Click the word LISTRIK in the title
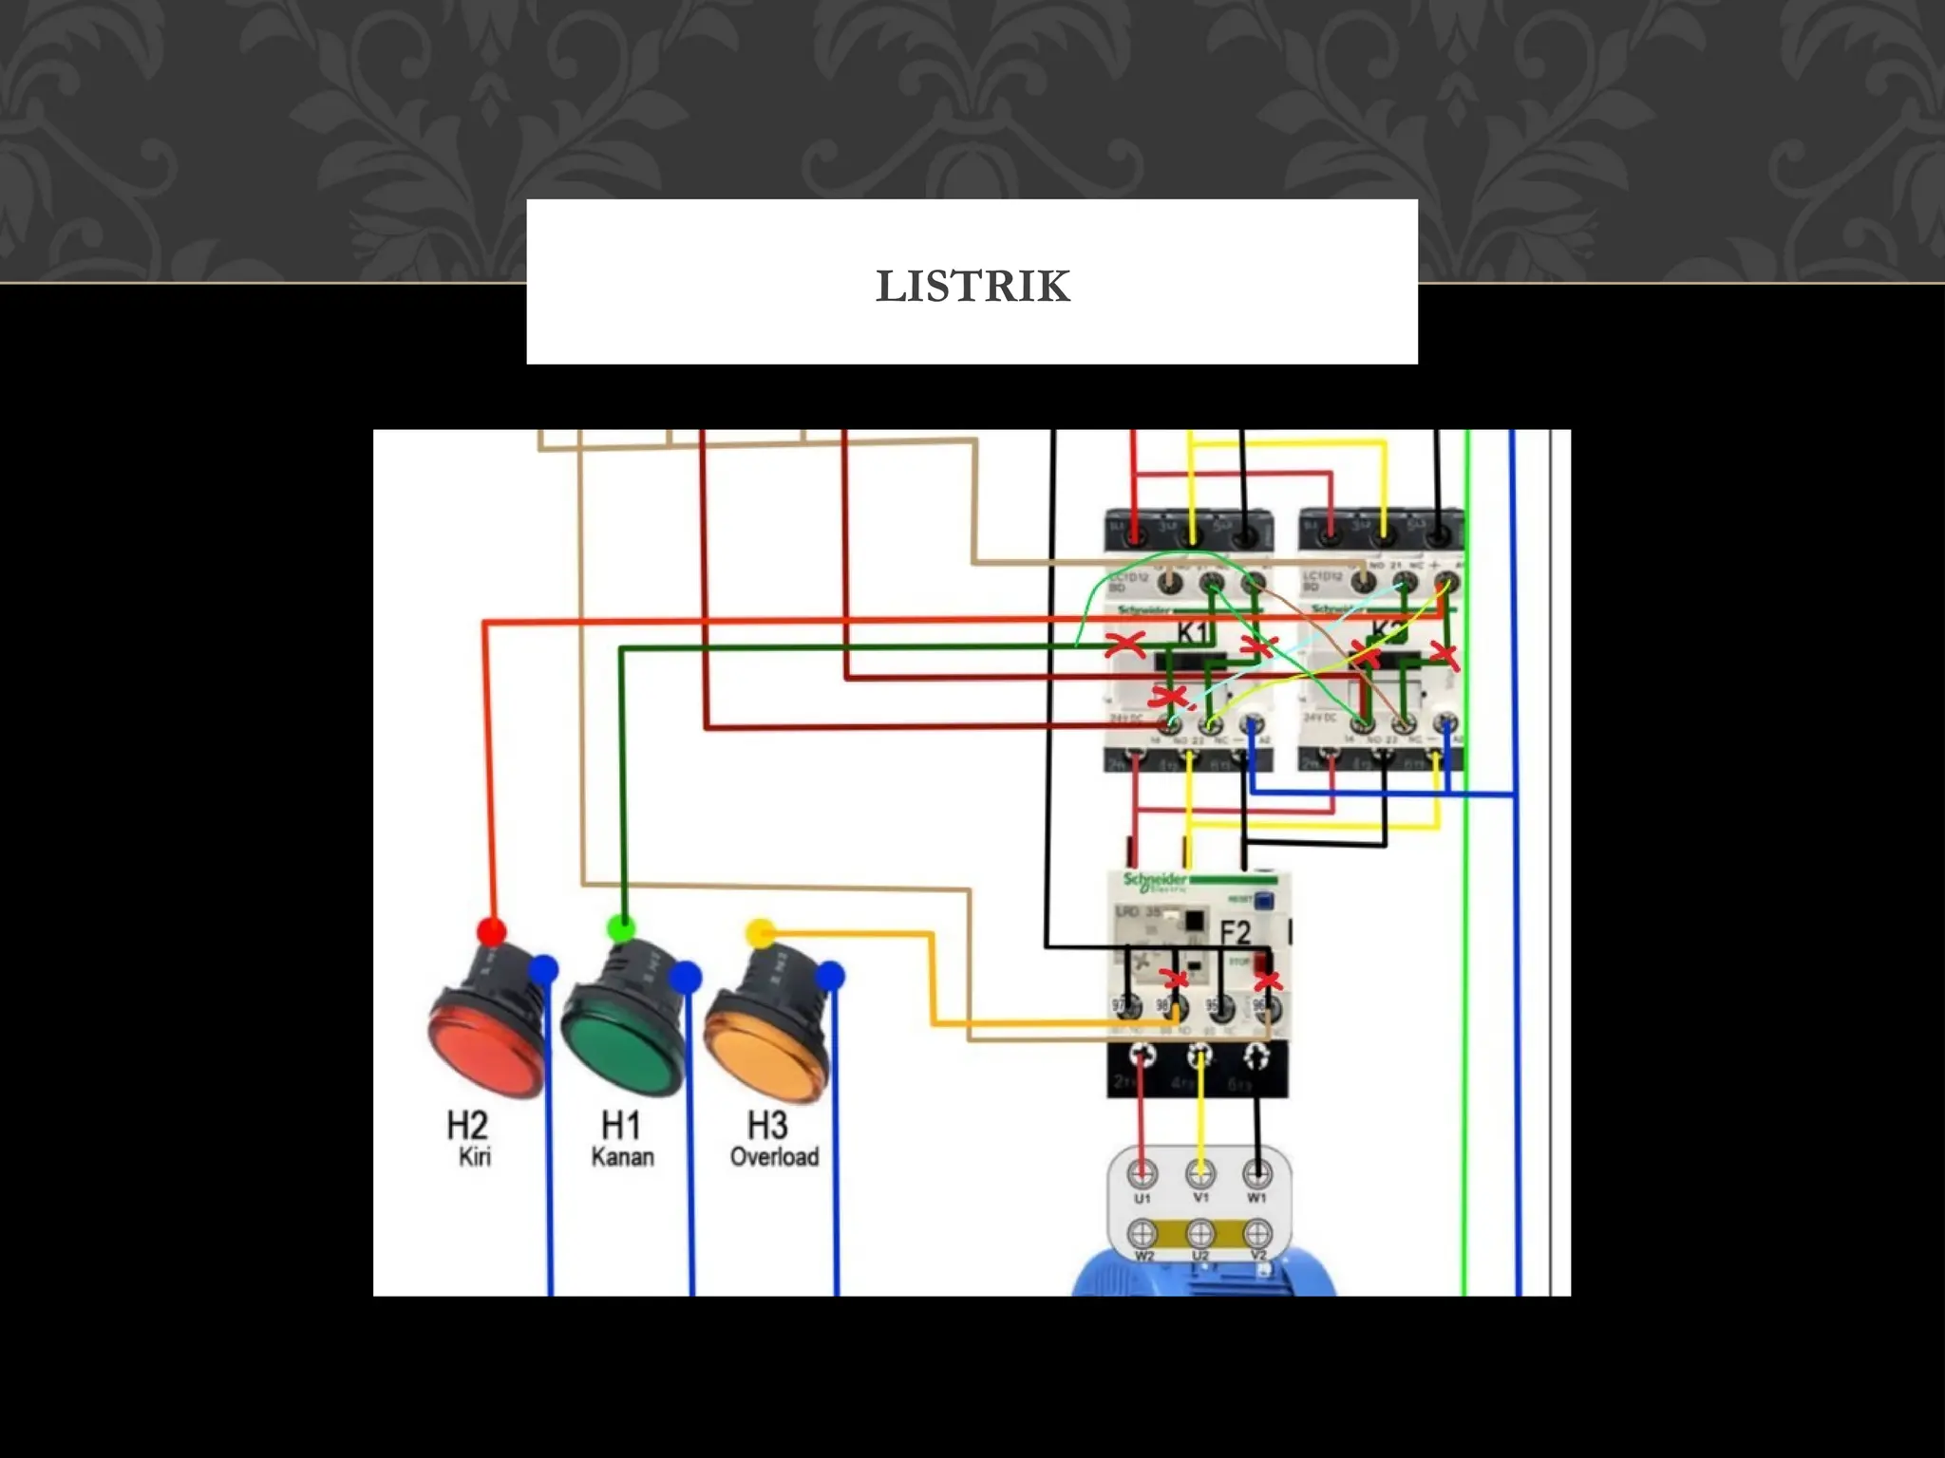[x=972, y=287]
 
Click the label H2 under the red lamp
[x=467, y=1126]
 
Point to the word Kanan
[x=622, y=1157]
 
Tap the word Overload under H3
[x=774, y=1157]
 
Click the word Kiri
[x=474, y=1157]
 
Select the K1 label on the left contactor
[x=1192, y=632]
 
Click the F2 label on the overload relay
[x=1235, y=932]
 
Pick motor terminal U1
[x=1142, y=1175]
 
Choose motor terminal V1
[x=1200, y=1175]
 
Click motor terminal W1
[x=1257, y=1175]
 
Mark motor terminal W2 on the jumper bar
[x=1142, y=1234]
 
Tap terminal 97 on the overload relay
[x=1124, y=1007]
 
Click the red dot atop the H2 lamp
[x=491, y=931]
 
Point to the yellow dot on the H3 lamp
[x=761, y=933]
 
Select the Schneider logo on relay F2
[x=1154, y=880]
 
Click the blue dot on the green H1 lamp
[x=685, y=977]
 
